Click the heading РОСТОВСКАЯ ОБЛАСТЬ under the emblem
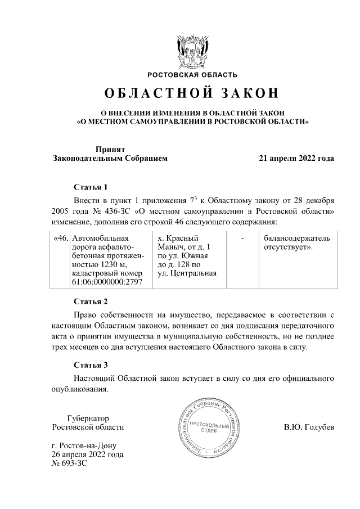tap(192, 75)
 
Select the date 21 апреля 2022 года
tap(296, 158)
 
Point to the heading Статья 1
tap(90, 186)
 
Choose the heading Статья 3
tap(90, 364)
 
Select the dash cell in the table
tap(242, 238)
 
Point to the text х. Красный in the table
tap(179, 238)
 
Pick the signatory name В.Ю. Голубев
tap(309, 427)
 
